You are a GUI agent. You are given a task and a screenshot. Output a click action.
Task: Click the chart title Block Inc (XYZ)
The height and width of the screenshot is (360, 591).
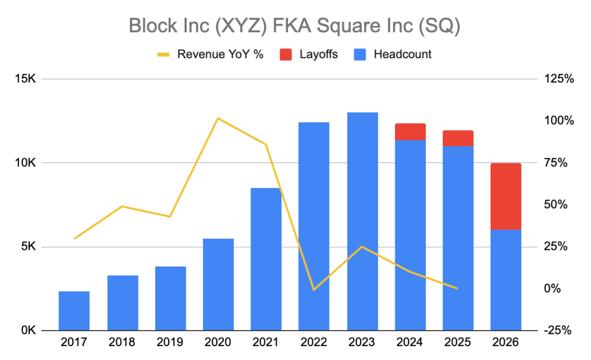coord(294,26)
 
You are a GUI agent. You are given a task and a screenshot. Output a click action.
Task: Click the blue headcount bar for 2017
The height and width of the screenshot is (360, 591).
coord(74,311)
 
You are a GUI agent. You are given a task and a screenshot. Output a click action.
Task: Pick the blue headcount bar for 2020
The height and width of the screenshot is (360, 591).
coord(218,284)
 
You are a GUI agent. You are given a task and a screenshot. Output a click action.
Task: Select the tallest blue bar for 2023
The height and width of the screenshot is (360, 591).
coord(362,222)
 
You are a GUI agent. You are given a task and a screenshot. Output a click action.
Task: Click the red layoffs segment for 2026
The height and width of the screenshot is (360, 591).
coord(506,196)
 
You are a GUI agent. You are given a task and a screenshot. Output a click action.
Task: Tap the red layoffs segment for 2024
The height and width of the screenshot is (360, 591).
coord(410,132)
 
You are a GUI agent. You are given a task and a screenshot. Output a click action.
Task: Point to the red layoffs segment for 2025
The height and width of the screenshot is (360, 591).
coord(458,138)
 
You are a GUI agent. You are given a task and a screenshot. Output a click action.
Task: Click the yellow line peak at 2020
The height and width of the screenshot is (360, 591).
coord(218,118)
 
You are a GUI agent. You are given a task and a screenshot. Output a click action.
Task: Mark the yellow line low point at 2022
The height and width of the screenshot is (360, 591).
coord(314,289)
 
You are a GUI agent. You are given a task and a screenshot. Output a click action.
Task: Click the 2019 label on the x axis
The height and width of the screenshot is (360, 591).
coord(170,343)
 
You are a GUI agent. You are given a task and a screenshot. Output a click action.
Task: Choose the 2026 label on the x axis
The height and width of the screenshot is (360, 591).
coord(506,343)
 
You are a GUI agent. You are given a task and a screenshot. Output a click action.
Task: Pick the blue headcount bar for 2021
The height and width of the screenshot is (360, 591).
coord(266,259)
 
